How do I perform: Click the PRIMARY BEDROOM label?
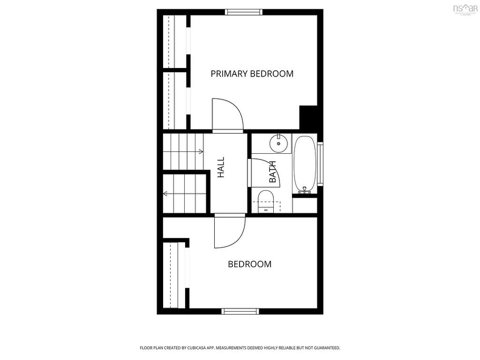pos(252,74)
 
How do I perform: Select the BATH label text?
pos(273,172)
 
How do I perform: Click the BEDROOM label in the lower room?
pos(249,264)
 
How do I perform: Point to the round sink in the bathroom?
pos(279,143)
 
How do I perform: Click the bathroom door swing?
pos(264,172)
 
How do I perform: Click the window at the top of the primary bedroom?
pos(243,12)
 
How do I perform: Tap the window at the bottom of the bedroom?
pos(240,311)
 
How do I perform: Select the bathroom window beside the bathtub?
pos(320,164)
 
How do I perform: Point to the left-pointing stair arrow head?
pos(165,194)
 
